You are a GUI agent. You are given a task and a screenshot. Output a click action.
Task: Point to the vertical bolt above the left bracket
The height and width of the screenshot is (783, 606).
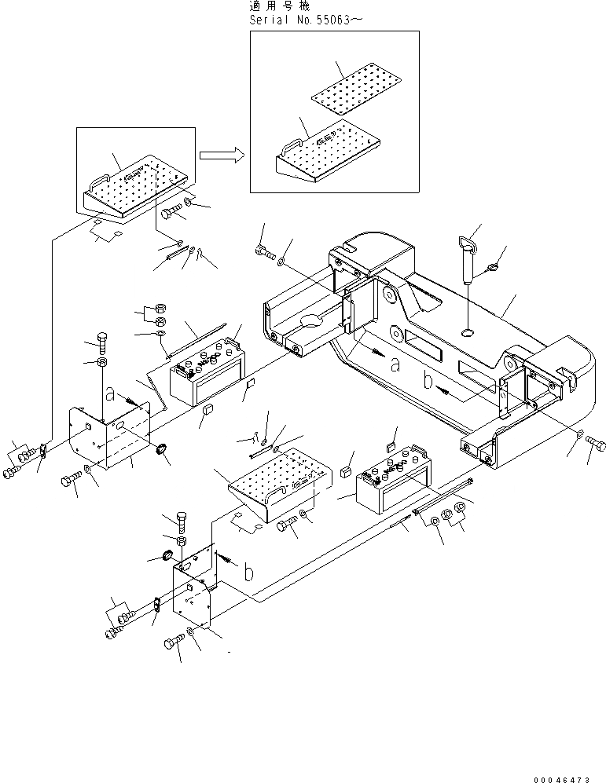point(102,343)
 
